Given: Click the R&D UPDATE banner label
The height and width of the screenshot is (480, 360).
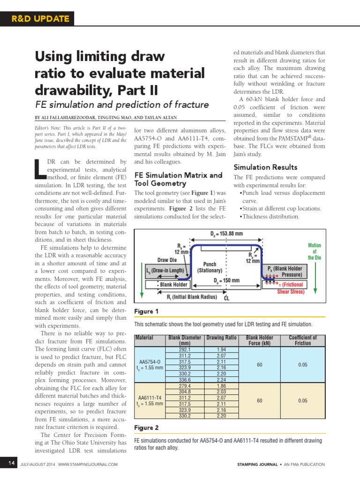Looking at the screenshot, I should (40, 19).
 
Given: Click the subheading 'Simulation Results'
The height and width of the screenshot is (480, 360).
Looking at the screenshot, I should (265, 167).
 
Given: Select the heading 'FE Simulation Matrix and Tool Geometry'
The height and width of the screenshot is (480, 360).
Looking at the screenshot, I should (178, 179).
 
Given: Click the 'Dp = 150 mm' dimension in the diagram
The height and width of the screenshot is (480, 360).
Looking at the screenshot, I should (227, 281).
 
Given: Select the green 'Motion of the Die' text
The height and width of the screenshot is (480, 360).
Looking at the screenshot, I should (315, 251).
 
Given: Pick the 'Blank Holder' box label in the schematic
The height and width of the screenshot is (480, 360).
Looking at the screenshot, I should (173, 285).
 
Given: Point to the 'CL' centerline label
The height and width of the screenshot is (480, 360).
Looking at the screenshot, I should (227, 298).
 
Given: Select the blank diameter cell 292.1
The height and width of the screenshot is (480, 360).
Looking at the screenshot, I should (184, 350).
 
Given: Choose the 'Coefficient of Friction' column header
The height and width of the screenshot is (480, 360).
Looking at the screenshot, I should (303, 340).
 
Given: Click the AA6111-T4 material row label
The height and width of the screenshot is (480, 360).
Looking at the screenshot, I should (150, 397).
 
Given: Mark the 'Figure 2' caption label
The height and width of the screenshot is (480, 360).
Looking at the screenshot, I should (146, 427).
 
